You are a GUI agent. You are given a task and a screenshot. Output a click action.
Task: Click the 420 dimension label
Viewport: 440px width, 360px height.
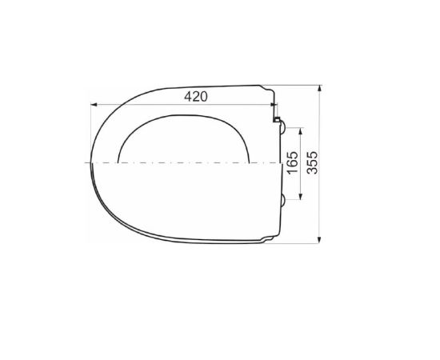point(196,97)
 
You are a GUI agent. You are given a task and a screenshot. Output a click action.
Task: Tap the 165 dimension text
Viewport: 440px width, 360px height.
point(293,162)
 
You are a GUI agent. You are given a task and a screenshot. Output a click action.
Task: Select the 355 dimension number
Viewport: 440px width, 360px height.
point(312,162)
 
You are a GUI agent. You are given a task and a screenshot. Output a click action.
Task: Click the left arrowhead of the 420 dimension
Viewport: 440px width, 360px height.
point(94,105)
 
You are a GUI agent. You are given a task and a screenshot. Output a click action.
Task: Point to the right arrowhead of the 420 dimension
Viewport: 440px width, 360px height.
point(273,105)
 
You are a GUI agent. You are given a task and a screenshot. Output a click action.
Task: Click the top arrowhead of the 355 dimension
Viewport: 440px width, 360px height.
point(319,88)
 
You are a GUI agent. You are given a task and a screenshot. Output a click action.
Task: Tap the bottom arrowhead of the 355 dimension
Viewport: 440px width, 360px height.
point(319,240)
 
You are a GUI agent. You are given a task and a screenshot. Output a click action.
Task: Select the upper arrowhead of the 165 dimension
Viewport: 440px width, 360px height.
point(301,131)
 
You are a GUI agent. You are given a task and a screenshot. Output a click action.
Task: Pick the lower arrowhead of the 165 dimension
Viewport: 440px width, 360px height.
point(301,197)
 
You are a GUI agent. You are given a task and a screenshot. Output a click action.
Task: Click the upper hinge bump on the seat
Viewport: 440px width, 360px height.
point(283,127)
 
